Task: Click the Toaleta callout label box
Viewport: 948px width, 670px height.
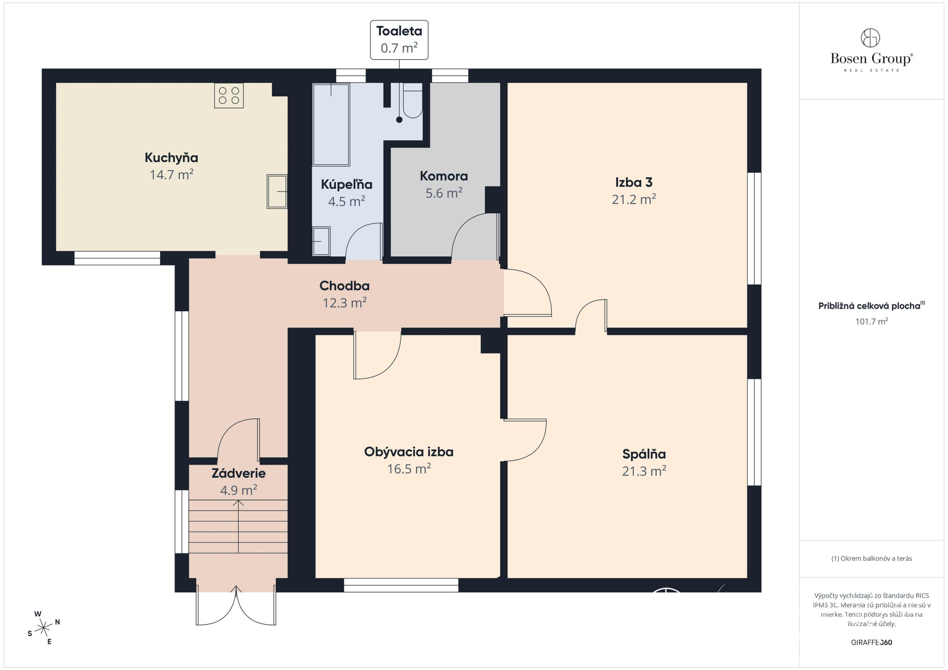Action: click(x=399, y=39)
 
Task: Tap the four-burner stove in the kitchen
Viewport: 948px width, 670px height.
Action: click(x=229, y=96)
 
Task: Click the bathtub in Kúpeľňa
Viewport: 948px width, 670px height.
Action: click(x=331, y=125)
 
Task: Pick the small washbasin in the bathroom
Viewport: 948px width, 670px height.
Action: click(x=321, y=241)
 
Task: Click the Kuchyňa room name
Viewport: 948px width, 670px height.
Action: click(x=171, y=158)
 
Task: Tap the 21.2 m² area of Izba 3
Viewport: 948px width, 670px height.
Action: click(x=634, y=200)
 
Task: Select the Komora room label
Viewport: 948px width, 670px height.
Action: click(x=444, y=176)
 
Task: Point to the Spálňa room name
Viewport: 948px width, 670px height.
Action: click(x=644, y=454)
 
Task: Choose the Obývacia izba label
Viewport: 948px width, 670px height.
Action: click(x=409, y=452)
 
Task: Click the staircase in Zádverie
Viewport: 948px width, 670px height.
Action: click(x=238, y=526)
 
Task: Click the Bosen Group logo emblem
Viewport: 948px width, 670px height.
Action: click(x=870, y=38)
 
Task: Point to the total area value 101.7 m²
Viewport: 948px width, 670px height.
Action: click(x=871, y=321)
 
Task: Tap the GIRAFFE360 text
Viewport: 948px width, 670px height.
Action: click(x=871, y=643)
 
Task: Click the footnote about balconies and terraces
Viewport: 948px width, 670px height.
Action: click(x=871, y=558)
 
